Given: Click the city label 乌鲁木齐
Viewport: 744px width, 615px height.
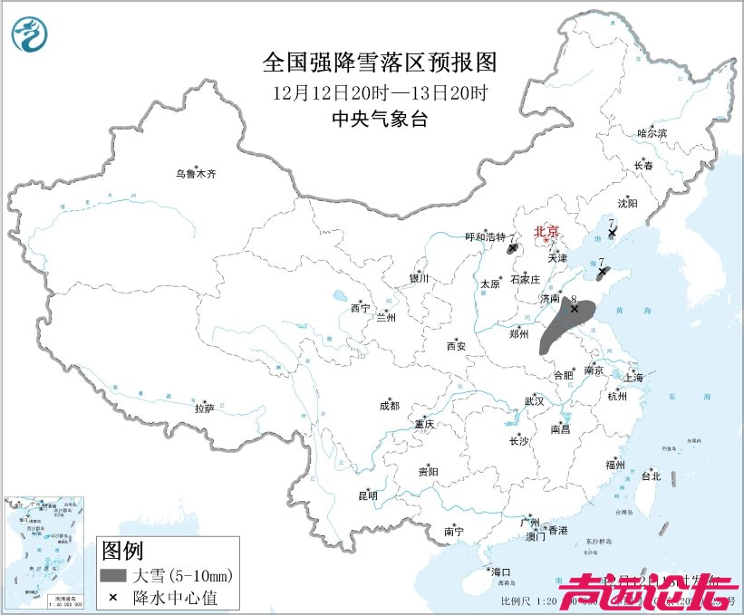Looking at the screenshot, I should pos(197,174).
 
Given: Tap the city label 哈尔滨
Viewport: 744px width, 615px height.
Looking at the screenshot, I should pos(652,133).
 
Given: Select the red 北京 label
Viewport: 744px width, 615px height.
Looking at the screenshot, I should pos(547,232).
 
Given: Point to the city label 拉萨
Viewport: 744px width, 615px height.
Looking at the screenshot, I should pos(204,408).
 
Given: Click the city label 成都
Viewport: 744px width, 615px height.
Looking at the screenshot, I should pos(390,407).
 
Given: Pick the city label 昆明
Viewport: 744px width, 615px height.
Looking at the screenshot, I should pos(367,495).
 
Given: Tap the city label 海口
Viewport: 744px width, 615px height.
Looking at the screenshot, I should pos(501,572).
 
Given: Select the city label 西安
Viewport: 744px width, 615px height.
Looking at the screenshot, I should pos(456,346).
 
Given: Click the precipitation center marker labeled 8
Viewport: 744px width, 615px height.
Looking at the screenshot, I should pos(574,309).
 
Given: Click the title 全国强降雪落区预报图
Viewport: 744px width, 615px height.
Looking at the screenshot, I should pos(380,62).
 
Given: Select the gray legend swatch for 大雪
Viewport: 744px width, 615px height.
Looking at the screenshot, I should pos(113,575).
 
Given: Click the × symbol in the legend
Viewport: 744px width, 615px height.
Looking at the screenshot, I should pos(113,597).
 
